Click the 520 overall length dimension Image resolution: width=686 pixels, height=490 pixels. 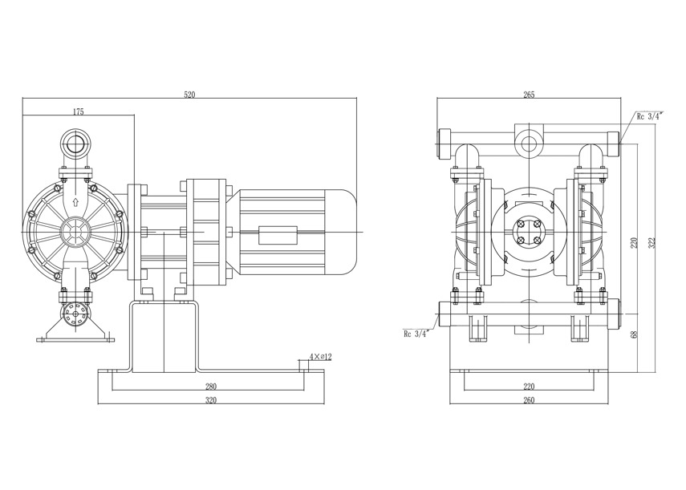click(x=189, y=94)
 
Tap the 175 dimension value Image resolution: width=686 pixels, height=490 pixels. click(x=78, y=112)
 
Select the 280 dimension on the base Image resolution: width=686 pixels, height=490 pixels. click(x=210, y=386)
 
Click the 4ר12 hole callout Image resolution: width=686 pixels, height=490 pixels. click(x=320, y=355)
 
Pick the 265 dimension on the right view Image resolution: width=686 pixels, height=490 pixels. click(x=529, y=95)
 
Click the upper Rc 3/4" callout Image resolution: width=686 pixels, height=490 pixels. click(x=649, y=116)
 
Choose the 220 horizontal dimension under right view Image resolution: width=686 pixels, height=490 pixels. click(x=529, y=386)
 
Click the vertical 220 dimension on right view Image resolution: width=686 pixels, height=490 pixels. click(x=633, y=243)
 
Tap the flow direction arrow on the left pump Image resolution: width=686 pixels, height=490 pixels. click(x=75, y=201)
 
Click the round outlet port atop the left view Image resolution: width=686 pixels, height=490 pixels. click(x=76, y=146)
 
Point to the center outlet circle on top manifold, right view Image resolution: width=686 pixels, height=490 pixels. click(x=529, y=144)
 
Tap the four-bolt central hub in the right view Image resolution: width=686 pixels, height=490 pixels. click(x=529, y=232)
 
